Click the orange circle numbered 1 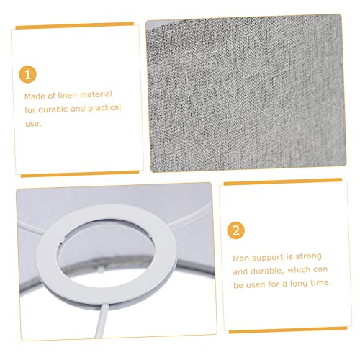27,74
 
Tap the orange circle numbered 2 236,230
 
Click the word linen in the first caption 67,95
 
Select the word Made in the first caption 35,96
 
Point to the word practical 104,108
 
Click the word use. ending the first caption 33,124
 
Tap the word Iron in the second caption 241,258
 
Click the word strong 308,256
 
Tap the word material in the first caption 96,94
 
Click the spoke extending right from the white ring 191,218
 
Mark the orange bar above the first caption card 75,25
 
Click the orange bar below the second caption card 288,330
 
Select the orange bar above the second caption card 283,182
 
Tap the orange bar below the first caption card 80,174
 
